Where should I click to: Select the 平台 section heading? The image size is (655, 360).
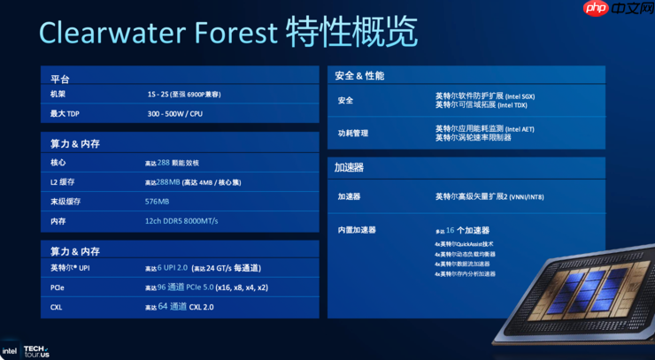point(60,79)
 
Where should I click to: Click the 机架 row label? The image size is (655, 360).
point(58,95)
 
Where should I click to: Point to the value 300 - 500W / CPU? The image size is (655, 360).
point(176,113)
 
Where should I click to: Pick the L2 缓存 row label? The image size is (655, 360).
point(63,181)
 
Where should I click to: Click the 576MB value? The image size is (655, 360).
point(158,201)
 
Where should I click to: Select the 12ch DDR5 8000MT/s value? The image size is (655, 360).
point(181,220)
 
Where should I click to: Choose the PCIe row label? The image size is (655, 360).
point(58,287)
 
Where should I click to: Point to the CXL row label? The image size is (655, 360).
point(57,306)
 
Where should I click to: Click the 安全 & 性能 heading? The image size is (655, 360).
point(359,76)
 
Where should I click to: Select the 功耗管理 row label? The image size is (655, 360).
point(353,134)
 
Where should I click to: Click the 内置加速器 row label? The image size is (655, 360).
point(357,230)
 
